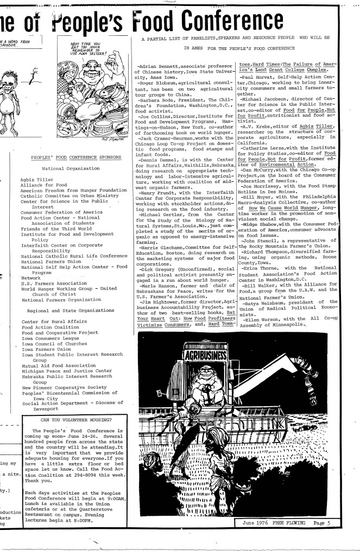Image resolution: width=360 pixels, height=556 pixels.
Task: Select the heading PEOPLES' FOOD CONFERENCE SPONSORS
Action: pyautogui.click(x=68, y=157)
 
